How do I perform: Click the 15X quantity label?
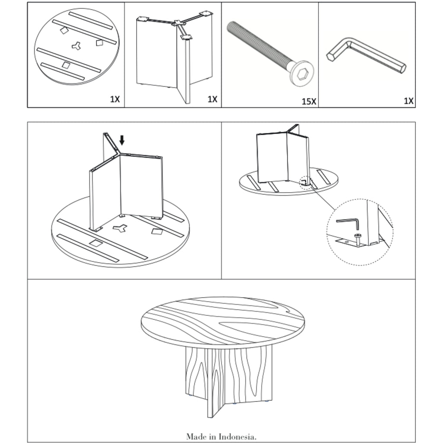pos(309,101)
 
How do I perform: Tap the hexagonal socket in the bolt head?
pos(302,74)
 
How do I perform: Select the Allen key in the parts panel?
pos(366,56)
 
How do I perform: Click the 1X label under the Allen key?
pos(408,101)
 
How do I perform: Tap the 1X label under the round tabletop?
pos(115,99)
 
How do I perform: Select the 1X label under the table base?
pos(212,99)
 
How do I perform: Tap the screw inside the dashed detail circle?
pos(358,239)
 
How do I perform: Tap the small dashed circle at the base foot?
pos(305,182)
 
